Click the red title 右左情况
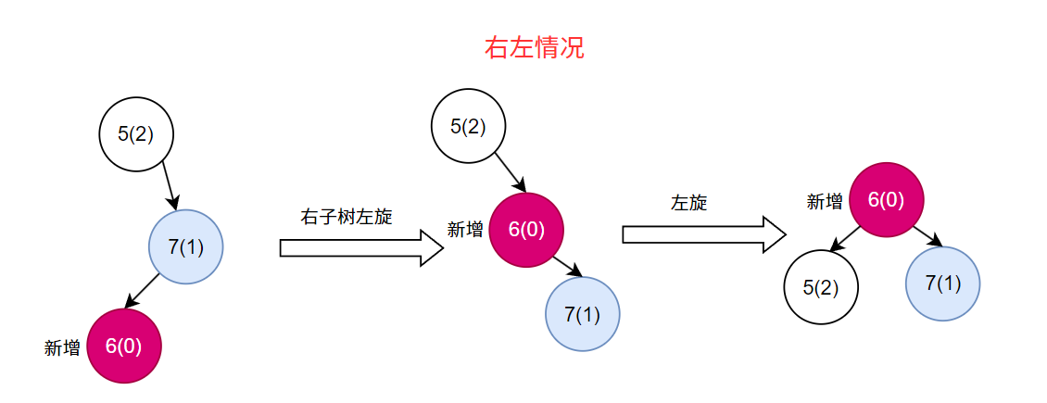tap(535, 48)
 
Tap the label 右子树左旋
tap(347, 217)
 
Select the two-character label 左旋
tap(688, 203)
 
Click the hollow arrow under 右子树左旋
tap(361, 247)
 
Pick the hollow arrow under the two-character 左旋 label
tap(704, 233)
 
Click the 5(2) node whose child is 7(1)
tap(136, 133)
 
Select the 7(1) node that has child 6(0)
tap(186, 247)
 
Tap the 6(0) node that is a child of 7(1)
tap(124, 346)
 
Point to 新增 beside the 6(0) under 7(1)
tap(62, 348)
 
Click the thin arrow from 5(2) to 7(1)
tap(169, 185)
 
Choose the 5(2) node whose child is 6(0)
tap(469, 126)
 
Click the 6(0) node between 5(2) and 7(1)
tap(526, 230)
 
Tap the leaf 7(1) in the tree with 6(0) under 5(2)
tap(583, 314)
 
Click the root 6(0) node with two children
tap(887, 199)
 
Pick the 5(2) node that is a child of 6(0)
tap(821, 287)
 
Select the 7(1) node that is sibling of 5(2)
tap(942, 283)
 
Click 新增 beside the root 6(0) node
tap(825, 202)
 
